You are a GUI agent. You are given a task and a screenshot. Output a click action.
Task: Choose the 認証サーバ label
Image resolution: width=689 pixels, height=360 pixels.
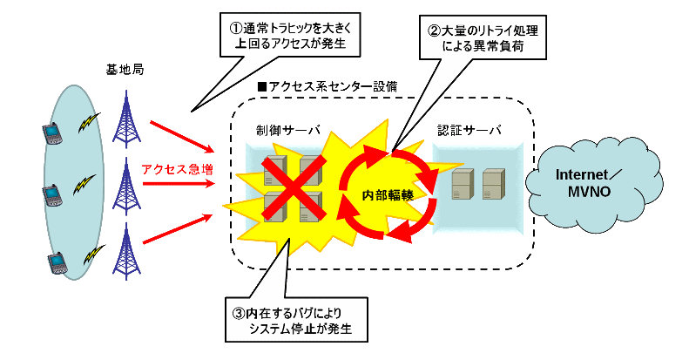click(x=469, y=131)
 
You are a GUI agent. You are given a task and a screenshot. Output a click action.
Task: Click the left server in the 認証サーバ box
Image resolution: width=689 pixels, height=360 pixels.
click(x=462, y=183)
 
